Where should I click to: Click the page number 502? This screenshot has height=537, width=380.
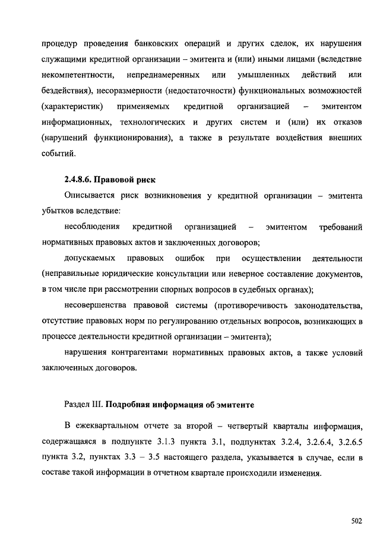tap(356, 521)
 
